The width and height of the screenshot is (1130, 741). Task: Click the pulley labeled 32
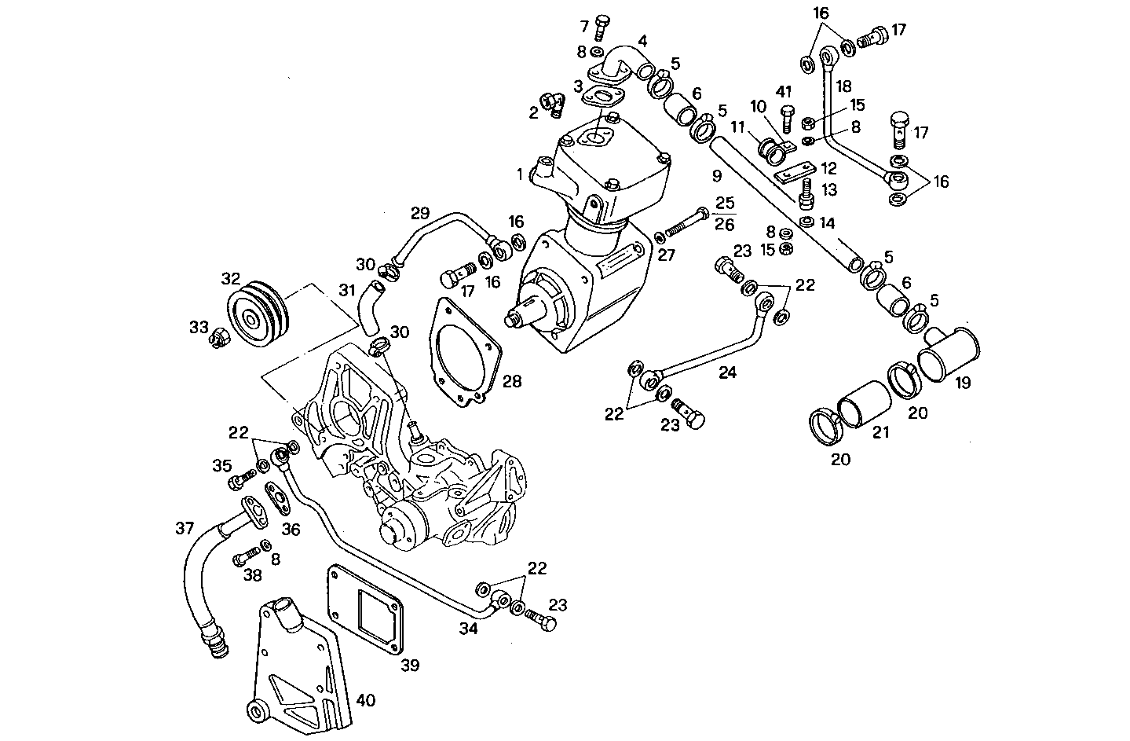257,317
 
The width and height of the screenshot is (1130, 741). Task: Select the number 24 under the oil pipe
727,372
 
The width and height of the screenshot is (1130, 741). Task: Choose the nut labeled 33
219,339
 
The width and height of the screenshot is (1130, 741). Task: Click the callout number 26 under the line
725,225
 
